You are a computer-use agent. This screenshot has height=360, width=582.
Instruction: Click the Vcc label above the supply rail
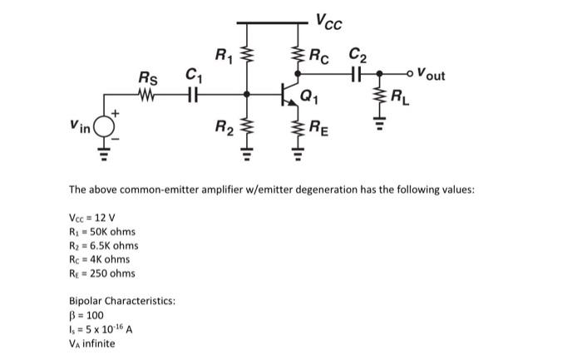[x=328, y=19]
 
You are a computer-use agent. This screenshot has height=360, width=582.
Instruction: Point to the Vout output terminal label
[x=431, y=76]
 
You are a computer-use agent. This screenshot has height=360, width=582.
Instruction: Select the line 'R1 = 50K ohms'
[x=101, y=231]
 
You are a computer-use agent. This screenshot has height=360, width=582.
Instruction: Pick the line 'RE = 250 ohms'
[x=101, y=274]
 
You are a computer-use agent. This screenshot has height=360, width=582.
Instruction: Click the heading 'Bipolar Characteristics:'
[x=121, y=302]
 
